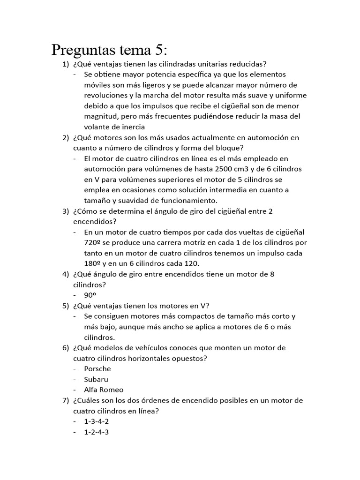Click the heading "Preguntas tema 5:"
pos(109,49)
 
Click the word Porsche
pos(97,369)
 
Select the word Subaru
pos(96,379)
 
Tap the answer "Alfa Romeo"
pos(104,390)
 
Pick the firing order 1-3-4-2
pos(97,421)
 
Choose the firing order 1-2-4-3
pos(97,432)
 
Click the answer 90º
pos(90,295)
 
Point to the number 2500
pos(225,169)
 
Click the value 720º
pos(92,243)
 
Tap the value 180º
pos(92,263)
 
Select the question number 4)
pos(66,274)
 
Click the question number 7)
pos(66,400)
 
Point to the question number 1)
pos(66,64)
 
